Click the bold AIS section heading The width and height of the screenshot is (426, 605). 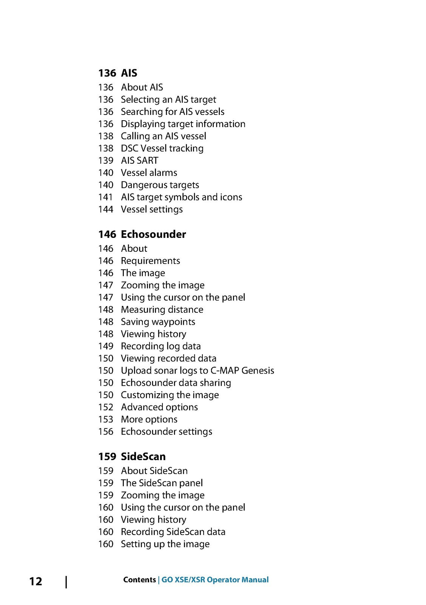(129, 73)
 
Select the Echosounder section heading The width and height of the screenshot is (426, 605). (153, 234)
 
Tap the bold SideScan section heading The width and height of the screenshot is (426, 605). (143, 456)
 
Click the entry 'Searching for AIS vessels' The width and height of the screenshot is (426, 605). (173, 112)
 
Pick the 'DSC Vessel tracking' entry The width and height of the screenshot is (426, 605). (162, 148)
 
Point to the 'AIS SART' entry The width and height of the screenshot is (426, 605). (139, 160)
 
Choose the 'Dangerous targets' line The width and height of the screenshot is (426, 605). (160, 185)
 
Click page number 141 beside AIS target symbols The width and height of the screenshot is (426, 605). (105, 197)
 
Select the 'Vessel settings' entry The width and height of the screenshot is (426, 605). (152, 209)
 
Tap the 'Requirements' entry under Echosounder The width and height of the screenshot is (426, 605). (150, 261)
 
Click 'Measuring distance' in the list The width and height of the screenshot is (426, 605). (162, 310)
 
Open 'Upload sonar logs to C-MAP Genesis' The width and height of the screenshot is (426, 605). (198, 371)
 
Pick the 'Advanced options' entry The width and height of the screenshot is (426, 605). (159, 407)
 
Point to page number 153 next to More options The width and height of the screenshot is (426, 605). (106, 419)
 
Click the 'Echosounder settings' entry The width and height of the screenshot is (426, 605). (167, 431)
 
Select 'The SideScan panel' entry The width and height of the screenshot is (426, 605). (162, 483)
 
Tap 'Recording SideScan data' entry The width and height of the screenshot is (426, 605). (173, 532)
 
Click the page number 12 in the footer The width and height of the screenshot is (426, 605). (36, 581)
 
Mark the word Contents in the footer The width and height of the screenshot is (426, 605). (139, 580)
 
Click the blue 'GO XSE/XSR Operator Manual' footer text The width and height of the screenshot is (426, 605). (215, 580)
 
